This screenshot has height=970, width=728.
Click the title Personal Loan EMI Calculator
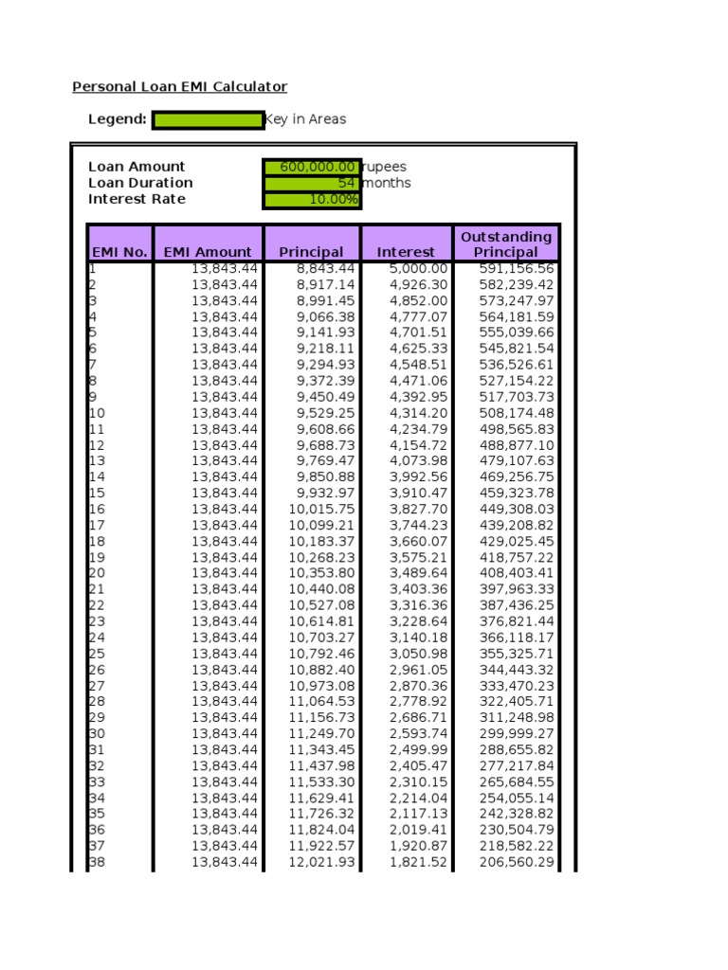tap(179, 87)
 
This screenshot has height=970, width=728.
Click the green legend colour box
tap(209, 119)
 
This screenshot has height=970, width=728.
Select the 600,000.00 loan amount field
tap(312, 167)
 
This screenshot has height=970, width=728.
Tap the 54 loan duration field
tap(312, 183)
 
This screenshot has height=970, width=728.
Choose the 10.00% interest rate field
tap(312, 199)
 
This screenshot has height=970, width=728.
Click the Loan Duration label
tap(140, 183)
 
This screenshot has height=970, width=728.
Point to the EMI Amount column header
tap(208, 252)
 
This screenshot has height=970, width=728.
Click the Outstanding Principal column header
tap(506, 243)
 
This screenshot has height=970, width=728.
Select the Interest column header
tap(406, 252)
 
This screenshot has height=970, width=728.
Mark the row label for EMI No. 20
tap(97, 573)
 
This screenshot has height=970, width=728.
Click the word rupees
tap(385, 167)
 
